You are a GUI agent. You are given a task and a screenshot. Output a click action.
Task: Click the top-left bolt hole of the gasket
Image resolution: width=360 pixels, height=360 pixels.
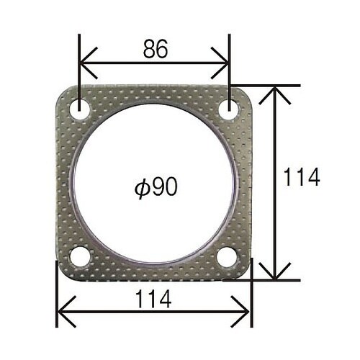(x=80, y=109)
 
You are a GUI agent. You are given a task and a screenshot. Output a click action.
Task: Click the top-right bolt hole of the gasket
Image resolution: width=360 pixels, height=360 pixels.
(x=229, y=109)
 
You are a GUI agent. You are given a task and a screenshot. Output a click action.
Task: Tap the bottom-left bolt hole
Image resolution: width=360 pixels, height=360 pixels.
(x=80, y=256)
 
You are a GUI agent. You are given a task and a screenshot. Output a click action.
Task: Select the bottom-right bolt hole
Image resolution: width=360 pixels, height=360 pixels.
(x=227, y=256)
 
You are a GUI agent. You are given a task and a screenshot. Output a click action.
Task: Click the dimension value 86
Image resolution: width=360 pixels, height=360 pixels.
(x=156, y=49)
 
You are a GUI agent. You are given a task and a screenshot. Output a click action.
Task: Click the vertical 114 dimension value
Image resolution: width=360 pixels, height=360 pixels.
(x=302, y=177)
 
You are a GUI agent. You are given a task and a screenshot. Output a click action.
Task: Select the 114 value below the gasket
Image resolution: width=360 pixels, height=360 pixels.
(x=153, y=299)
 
